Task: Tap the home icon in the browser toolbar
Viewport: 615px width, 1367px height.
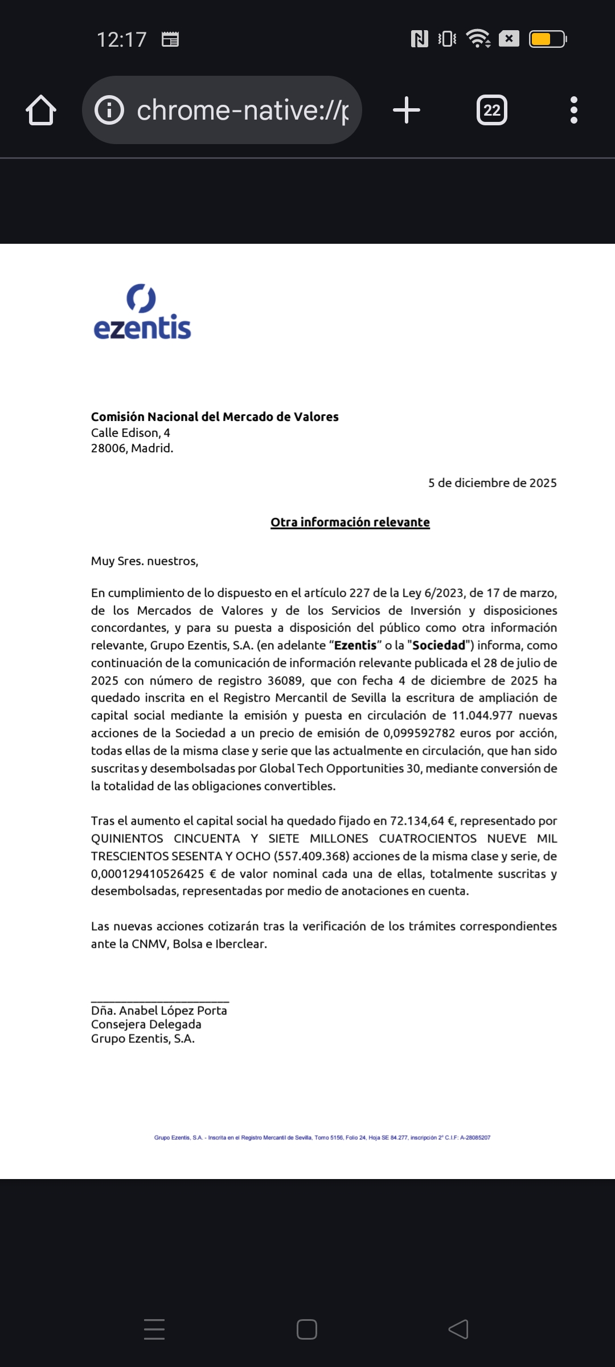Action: pos(41,110)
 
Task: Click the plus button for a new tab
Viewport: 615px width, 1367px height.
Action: pos(407,110)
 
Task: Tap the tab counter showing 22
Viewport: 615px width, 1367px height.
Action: pos(492,110)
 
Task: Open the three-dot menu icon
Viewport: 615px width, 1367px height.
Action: pos(573,110)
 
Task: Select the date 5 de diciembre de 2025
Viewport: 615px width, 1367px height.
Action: pos(492,483)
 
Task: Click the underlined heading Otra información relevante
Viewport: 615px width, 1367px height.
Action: pos(350,522)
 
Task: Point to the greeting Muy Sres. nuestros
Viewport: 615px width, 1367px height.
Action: pos(145,561)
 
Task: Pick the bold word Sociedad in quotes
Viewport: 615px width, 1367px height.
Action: pos(438,645)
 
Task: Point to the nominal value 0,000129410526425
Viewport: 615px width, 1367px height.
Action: pos(147,874)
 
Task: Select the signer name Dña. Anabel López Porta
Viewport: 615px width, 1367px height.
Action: pos(159,1010)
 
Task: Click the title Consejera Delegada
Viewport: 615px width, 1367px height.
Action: pos(146,1024)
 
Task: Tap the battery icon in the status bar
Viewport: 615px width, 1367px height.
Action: pos(547,39)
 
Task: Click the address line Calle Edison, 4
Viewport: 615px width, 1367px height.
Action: pos(130,433)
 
